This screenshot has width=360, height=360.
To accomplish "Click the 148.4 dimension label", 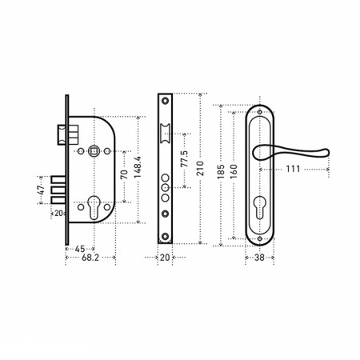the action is click(x=138, y=167).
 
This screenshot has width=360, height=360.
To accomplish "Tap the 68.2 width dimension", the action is click(x=90, y=258).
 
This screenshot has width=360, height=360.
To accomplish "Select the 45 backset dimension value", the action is click(x=80, y=249).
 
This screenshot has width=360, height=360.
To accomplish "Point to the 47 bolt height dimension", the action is click(x=42, y=190).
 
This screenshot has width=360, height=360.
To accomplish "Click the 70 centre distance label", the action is click(x=124, y=174).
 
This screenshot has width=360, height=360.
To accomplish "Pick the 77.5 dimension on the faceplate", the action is click(x=184, y=159).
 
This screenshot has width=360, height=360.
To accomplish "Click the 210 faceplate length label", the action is click(x=200, y=168).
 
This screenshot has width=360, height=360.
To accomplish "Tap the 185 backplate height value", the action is click(x=221, y=171).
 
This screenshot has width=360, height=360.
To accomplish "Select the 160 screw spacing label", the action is click(x=234, y=171).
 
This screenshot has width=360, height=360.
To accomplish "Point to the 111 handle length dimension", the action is click(x=293, y=169).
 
